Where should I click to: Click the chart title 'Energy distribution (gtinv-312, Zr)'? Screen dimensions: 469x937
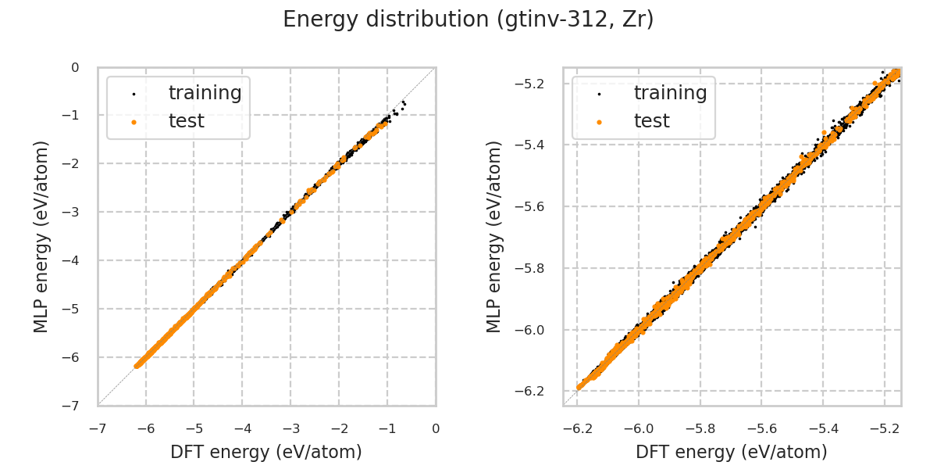tap(468, 20)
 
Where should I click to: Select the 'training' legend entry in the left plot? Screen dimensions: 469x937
tap(205, 93)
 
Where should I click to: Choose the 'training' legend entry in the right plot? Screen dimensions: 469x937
tap(670, 93)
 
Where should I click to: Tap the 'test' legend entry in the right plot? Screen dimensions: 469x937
tap(651, 121)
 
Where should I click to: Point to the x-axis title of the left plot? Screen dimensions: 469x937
tap(266, 452)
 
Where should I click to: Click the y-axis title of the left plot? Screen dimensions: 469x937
tap(41, 236)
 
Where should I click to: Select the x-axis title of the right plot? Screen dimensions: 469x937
tap(732, 452)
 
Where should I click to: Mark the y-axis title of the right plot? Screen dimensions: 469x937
tap(494, 236)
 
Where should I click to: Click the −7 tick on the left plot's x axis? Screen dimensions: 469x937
tap(97, 428)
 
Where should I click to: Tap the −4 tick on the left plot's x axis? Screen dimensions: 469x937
tap(242, 428)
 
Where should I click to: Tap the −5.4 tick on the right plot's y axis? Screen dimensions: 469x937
tap(536, 145)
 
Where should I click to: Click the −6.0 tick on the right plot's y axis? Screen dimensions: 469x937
tap(536, 330)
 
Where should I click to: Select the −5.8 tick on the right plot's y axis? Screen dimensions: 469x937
tap(536, 268)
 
